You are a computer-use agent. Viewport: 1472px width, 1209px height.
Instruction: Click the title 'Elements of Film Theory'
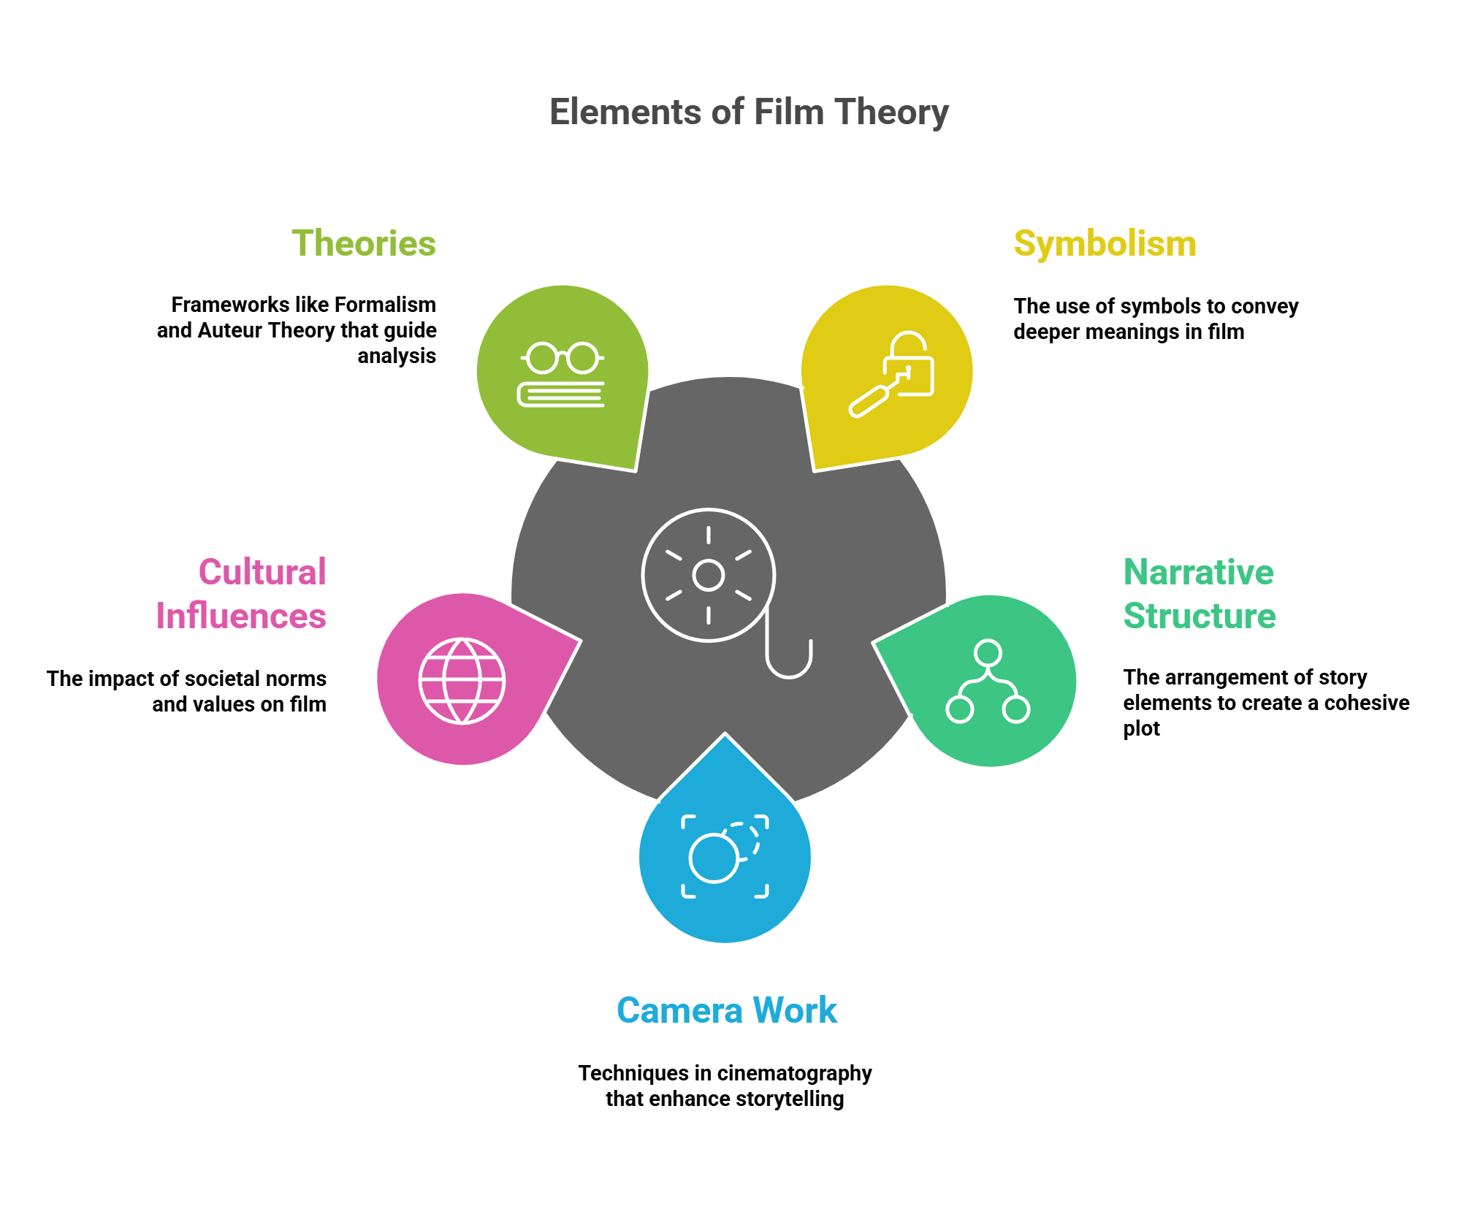[749, 112]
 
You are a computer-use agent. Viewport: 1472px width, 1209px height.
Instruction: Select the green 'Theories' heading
[364, 243]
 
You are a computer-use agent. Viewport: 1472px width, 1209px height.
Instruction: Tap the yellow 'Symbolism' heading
[1105, 243]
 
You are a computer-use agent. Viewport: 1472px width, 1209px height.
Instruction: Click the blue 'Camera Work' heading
[727, 1010]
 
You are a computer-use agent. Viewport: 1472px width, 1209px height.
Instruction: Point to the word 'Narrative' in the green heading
[1198, 572]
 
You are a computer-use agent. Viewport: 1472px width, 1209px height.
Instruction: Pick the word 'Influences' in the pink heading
[241, 616]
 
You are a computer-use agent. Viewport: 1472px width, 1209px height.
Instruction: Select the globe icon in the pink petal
[462, 681]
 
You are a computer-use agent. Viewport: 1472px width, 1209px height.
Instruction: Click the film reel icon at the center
[708, 575]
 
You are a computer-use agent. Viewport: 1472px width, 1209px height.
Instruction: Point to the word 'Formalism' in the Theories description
[390, 305]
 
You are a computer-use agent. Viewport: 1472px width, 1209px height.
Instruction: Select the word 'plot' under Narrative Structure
[1141, 728]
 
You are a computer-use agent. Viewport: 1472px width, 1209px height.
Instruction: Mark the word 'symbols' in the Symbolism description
[1159, 306]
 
